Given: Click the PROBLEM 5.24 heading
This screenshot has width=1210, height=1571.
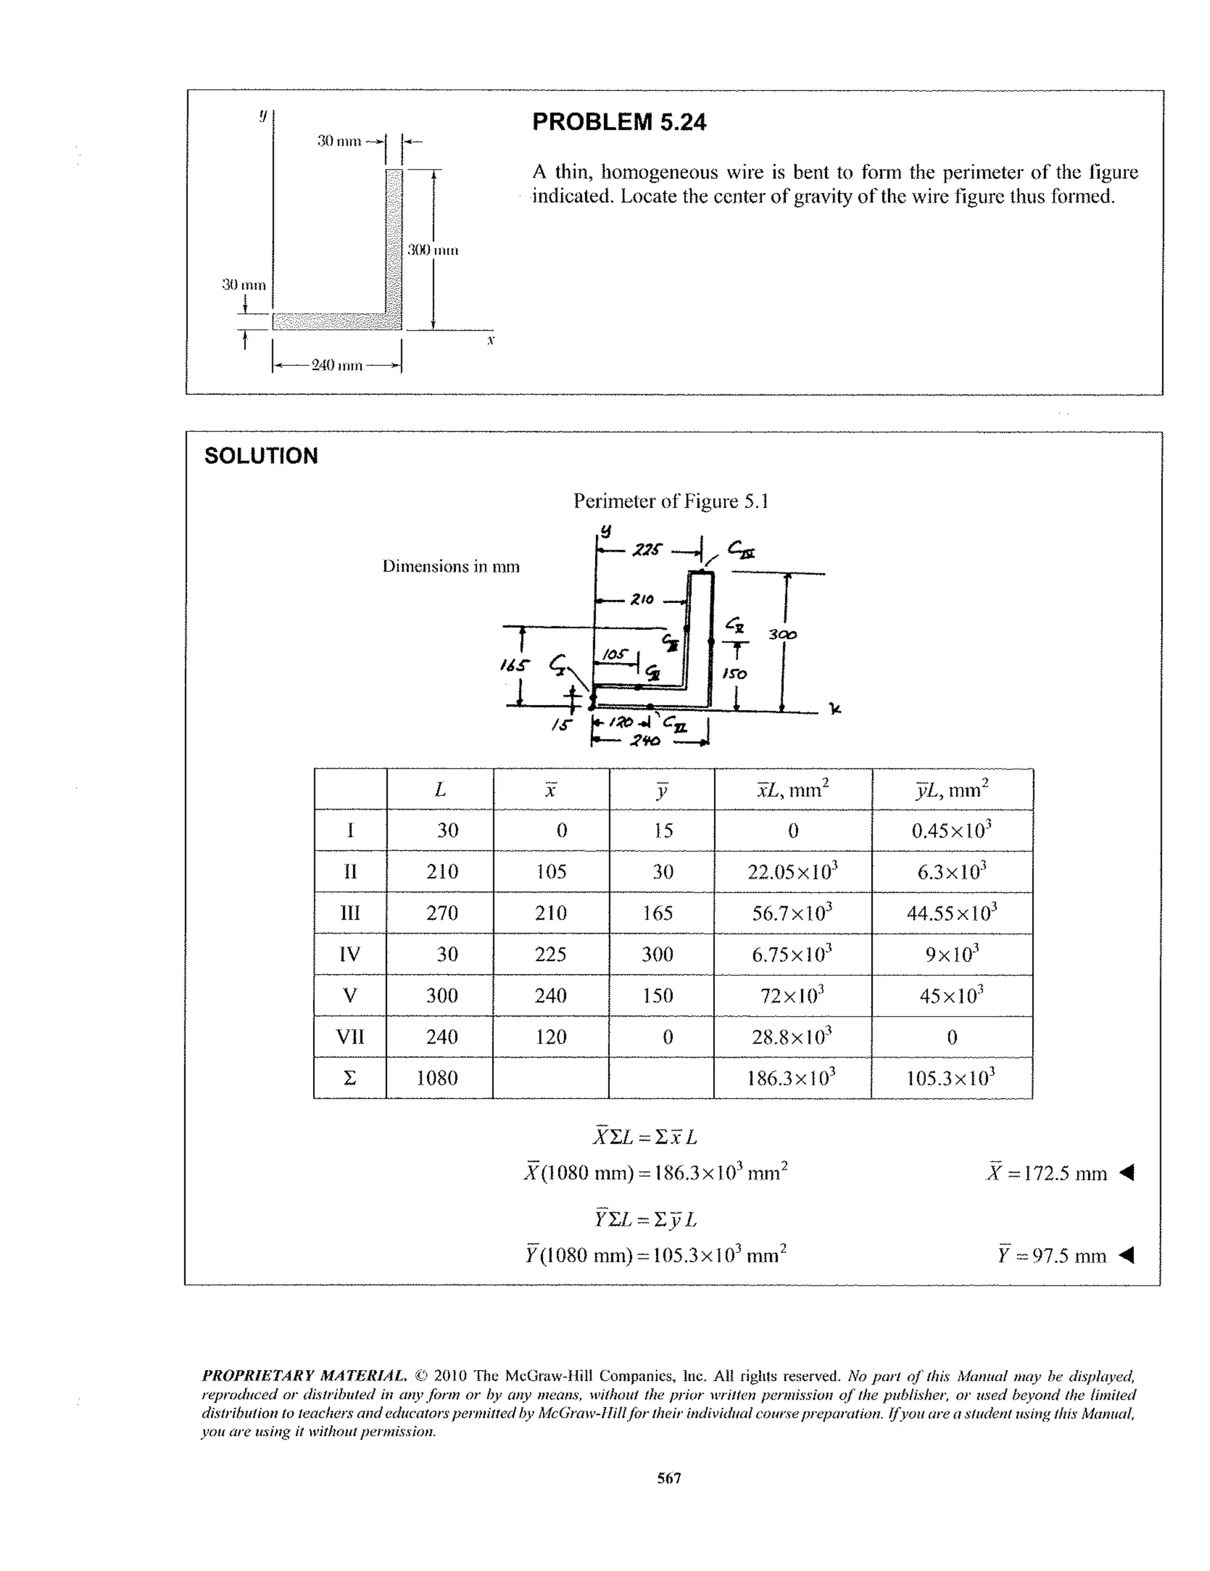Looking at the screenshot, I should (619, 122).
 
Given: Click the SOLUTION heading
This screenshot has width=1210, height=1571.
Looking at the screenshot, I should (261, 456).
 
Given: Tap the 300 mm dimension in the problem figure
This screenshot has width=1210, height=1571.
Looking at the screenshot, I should (432, 251).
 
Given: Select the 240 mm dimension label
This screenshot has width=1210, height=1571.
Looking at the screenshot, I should (336, 365).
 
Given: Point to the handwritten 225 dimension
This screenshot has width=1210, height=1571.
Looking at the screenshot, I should (646, 551).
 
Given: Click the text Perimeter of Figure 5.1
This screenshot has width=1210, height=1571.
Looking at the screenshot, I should (670, 501).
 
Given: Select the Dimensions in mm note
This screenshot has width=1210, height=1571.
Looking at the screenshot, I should (450, 566).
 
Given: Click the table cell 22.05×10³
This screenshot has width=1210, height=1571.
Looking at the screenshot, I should (792, 872).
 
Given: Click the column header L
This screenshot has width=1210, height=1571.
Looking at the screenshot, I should (440, 790).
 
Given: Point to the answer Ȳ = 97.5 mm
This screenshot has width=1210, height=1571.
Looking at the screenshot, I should (1051, 1256).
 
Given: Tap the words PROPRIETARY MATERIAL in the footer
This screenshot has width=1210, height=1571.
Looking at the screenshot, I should (304, 1376).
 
